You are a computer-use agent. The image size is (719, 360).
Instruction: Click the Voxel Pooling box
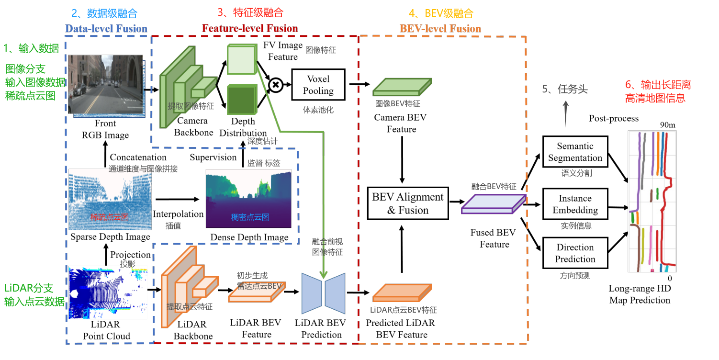[318, 85]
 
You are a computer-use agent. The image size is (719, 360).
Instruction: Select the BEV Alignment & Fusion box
[407, 203]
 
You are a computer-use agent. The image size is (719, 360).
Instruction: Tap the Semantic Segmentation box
[575, 152]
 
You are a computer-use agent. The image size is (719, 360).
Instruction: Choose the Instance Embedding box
[575, 204]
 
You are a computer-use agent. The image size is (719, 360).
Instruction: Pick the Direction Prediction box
[575, 253]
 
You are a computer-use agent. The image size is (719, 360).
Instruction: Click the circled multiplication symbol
[276, 85]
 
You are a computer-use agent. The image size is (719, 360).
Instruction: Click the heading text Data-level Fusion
[106, 29]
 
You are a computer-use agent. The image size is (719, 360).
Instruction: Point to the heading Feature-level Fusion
[250, 29]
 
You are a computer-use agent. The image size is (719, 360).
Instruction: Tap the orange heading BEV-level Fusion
[440, 29]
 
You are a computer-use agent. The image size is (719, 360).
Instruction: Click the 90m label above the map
[667, 125]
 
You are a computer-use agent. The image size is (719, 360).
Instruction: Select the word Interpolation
[178, 214]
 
